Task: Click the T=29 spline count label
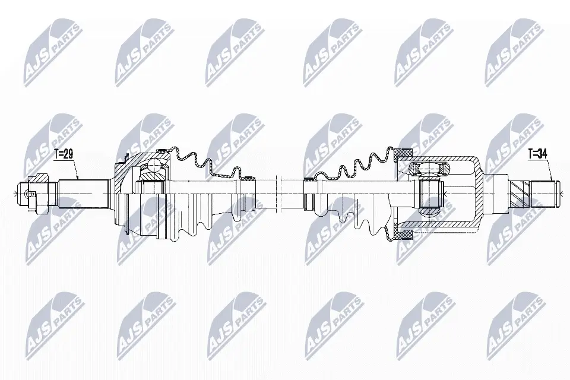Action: point(64,154)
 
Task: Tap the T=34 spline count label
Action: point(538,154)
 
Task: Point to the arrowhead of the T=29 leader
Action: point(78,178)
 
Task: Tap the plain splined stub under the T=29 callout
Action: point(84,194)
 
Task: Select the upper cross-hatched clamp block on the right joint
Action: point(404,154)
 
